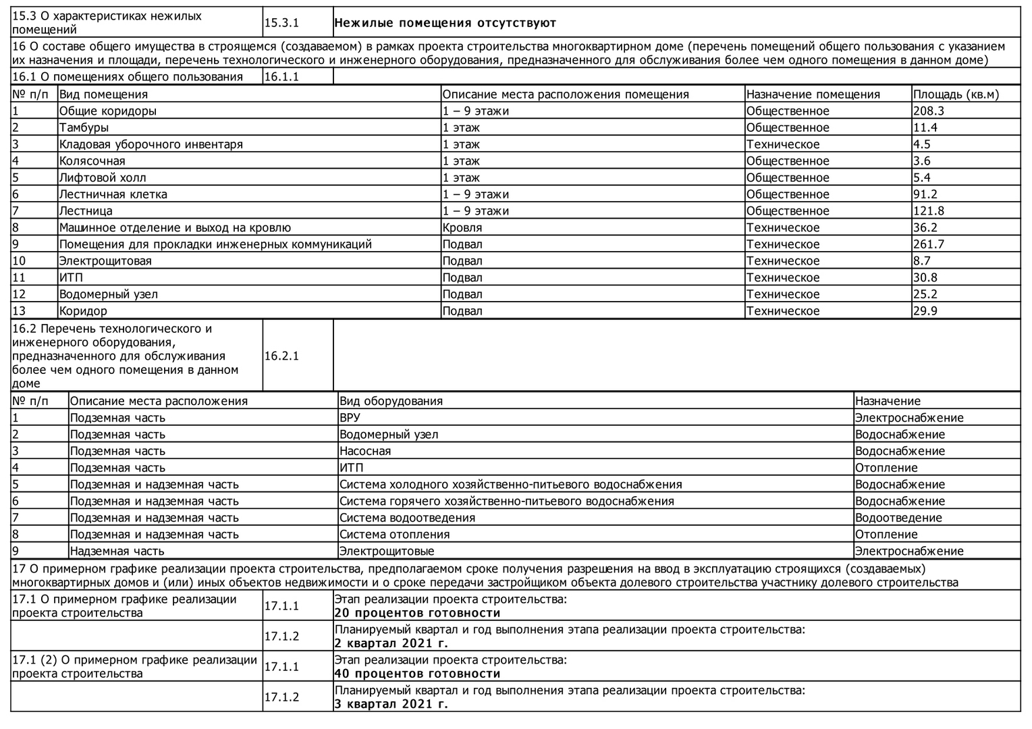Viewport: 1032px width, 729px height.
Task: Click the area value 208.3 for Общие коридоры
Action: (927, 111)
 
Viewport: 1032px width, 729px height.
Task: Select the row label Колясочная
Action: (92, 161)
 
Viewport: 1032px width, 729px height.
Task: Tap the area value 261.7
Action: (929, 244)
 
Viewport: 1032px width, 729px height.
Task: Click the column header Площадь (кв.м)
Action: (956, 94)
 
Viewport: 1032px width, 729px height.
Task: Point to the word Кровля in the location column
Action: (462, 228)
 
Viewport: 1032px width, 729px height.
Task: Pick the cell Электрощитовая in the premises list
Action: (105, 261)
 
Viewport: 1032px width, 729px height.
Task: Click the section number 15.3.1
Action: (281, 23)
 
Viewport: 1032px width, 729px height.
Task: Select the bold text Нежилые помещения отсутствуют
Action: (445, 23)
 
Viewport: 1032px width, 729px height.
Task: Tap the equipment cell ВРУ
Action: (350, 418)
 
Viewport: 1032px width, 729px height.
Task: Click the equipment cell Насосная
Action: (365, 451)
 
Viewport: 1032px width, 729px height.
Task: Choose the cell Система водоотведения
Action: (407, 518)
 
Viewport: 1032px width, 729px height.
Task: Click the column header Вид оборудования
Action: (391, 401)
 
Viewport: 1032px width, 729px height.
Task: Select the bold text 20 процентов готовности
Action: (417, 613)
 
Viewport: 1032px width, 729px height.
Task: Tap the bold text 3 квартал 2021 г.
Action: (391, 704)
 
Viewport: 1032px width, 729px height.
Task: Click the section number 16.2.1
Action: (281, 356)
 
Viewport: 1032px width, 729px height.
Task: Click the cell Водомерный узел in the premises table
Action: (109, 294)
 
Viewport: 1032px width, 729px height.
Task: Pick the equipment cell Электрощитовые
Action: (387, 551)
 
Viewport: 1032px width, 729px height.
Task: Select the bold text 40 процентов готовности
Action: (417, 674)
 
